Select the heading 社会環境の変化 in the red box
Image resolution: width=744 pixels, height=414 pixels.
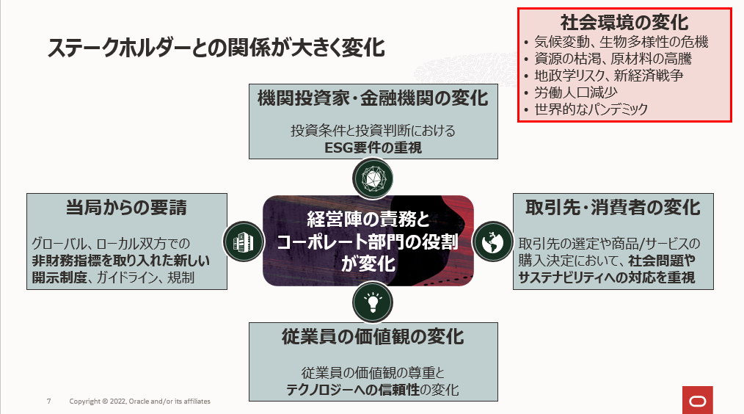pyautogui.click(x=624, y=22)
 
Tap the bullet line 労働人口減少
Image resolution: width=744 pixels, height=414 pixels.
pyautogui.click(x=575, y=92)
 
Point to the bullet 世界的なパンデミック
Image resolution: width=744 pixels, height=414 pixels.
pyautogui.click(x=591, y=109)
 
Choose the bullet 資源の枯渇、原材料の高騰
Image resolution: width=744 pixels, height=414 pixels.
pyautogui.click(x=612, y=59)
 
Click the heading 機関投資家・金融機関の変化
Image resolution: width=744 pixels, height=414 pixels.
pyautogui.click(x=373, y=98)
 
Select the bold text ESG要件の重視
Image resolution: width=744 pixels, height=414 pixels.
pyautogui.click(x=373, y=148)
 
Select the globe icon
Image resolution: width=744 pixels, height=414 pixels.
pyautogui.click(x=492, y=240)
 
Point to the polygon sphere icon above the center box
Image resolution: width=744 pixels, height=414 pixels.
pyautogui.click(x=373, y=176)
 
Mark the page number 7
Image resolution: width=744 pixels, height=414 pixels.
pyautogui.click(x=48, y=402)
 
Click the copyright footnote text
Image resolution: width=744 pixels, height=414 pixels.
pyautogui.click(x=139, y=402)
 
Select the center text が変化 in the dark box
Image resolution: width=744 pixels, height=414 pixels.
pyautogui.click(x=368, y=263)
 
